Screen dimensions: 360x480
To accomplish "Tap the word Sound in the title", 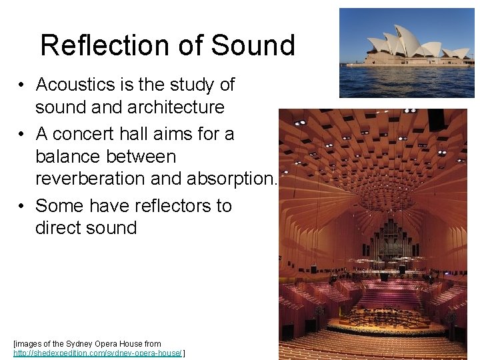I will (253, 45).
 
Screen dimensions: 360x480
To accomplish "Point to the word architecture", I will (169, 107).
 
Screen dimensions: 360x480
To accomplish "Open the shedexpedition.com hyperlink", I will (98, 353).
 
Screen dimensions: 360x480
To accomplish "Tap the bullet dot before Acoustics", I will (22, 85).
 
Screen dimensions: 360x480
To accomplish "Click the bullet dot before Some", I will (22, 206).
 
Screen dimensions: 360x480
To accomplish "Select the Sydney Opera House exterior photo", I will (407, 53).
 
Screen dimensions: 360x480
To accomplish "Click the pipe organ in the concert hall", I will (393, 240).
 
